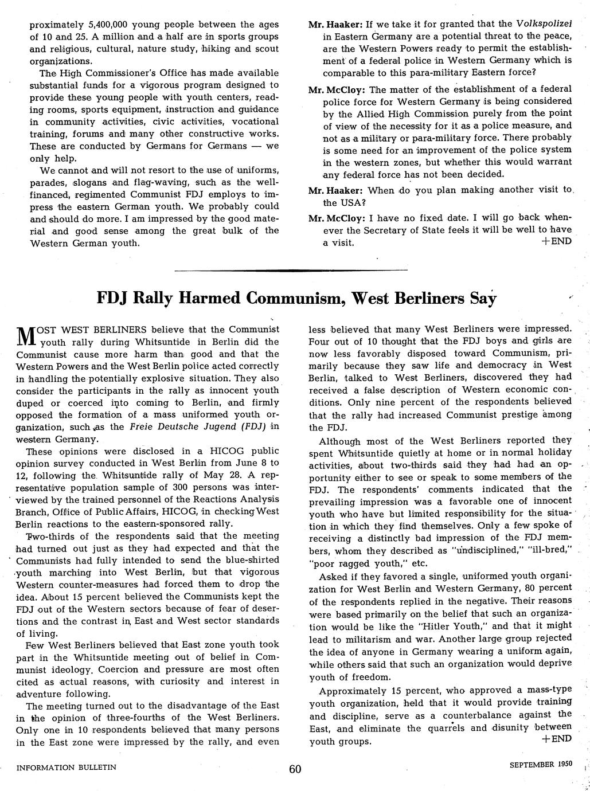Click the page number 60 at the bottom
(x=295, y=769)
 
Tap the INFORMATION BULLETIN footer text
(x=66, y=767)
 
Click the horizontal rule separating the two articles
(x=291, y=269)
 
